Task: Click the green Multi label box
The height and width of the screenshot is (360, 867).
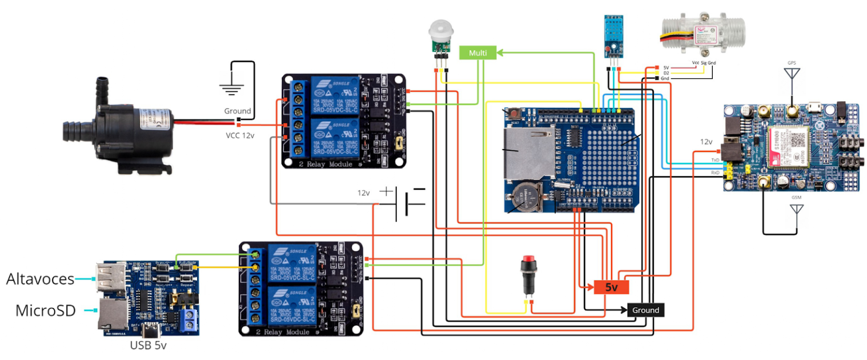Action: point(477,53)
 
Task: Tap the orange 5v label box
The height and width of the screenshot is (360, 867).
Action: point(611,287)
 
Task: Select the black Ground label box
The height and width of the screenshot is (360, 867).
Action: point(645,310)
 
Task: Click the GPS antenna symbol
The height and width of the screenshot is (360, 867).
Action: point(791,73)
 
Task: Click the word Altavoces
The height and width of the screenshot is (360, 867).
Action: point(40,279)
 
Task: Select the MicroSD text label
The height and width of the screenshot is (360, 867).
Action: point(45,311)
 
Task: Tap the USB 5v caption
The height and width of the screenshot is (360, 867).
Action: point(148,345)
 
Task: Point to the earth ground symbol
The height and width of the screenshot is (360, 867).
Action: point(232,87)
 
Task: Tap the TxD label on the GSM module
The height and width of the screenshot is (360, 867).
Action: point(715,160)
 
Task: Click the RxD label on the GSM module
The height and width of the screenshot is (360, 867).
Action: point(715,172)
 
